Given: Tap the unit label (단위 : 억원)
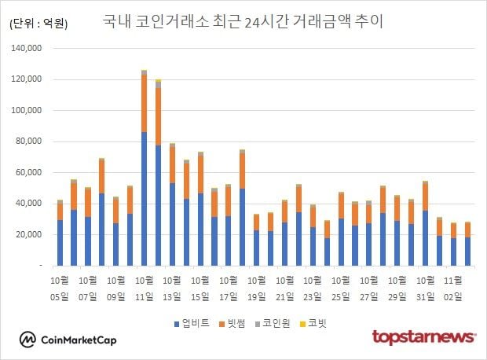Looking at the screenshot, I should tap(38, 24).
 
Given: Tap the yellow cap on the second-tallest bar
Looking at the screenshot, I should tap(158, 80).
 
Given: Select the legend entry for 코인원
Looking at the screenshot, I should tap(274, 322).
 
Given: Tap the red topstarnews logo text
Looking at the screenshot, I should tap(423, 338).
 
